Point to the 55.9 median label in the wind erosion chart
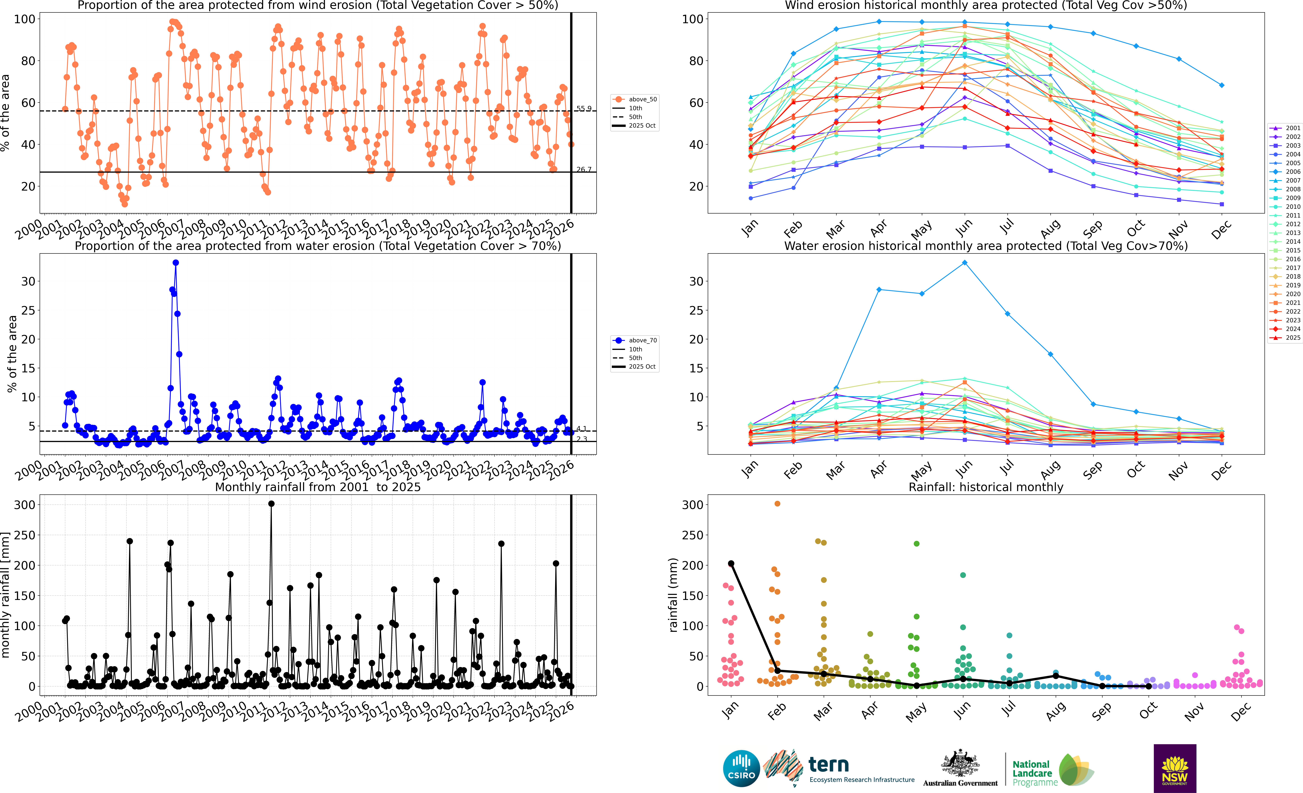(584, 108)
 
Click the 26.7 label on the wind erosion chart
(584, 170)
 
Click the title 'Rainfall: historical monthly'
(986, 487)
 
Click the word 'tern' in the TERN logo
(829, 765)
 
